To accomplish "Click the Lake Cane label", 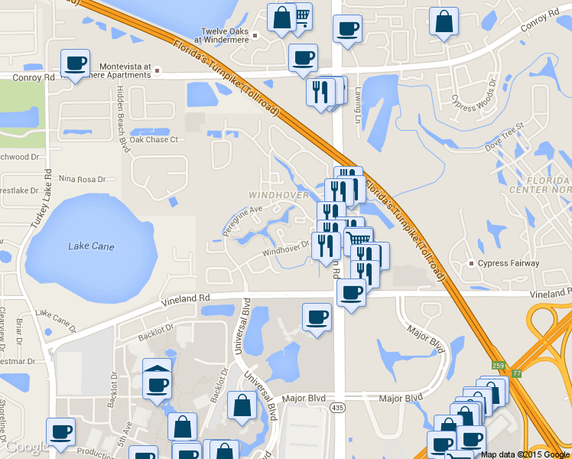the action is [x=91, y=246].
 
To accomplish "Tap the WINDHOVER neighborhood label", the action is [x=278, y=196].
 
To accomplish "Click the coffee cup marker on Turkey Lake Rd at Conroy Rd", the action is [x=75, y=63].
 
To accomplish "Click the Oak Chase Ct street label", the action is [x=153, y=140].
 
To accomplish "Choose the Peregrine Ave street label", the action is [x=242, y=220].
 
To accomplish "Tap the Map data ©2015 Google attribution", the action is [x=525, y=454].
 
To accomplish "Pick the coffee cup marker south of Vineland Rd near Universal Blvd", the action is [x=317, y=317].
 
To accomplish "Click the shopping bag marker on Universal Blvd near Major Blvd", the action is [x=242, y=407].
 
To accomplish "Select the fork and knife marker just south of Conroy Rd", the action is [x=320, y=92].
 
